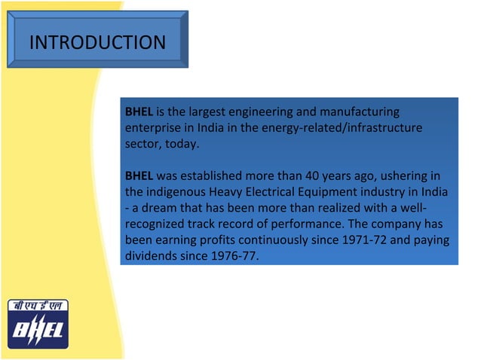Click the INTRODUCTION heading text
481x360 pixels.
click(97, 42)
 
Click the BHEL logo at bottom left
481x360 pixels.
click(38, 325)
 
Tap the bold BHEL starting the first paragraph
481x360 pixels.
click(139, 112)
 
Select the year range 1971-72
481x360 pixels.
click(363, 240)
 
